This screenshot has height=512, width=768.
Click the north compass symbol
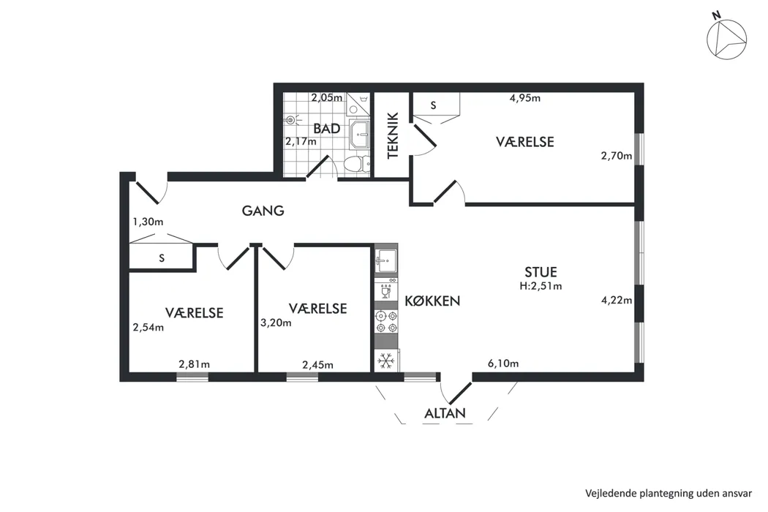726,38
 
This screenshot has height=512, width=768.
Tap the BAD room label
327,129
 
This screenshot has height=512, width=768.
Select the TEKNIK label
393,136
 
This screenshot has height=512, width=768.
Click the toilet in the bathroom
357,164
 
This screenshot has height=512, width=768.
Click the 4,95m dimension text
525,98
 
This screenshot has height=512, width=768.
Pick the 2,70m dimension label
616,156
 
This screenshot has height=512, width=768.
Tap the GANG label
263,211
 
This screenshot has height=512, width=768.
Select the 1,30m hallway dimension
148,222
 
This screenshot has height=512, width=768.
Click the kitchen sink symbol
386,260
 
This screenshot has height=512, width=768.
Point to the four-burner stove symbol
386,322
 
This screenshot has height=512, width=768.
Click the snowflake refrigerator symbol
386,361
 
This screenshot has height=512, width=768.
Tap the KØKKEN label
432,301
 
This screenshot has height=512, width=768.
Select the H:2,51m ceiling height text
541,286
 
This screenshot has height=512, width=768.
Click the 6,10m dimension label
503,364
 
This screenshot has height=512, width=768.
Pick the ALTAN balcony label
445,413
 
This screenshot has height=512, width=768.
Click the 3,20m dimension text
276,323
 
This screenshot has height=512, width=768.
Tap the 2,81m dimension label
194,364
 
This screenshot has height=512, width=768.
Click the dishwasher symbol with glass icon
386,291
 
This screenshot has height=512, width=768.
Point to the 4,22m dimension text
616,301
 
